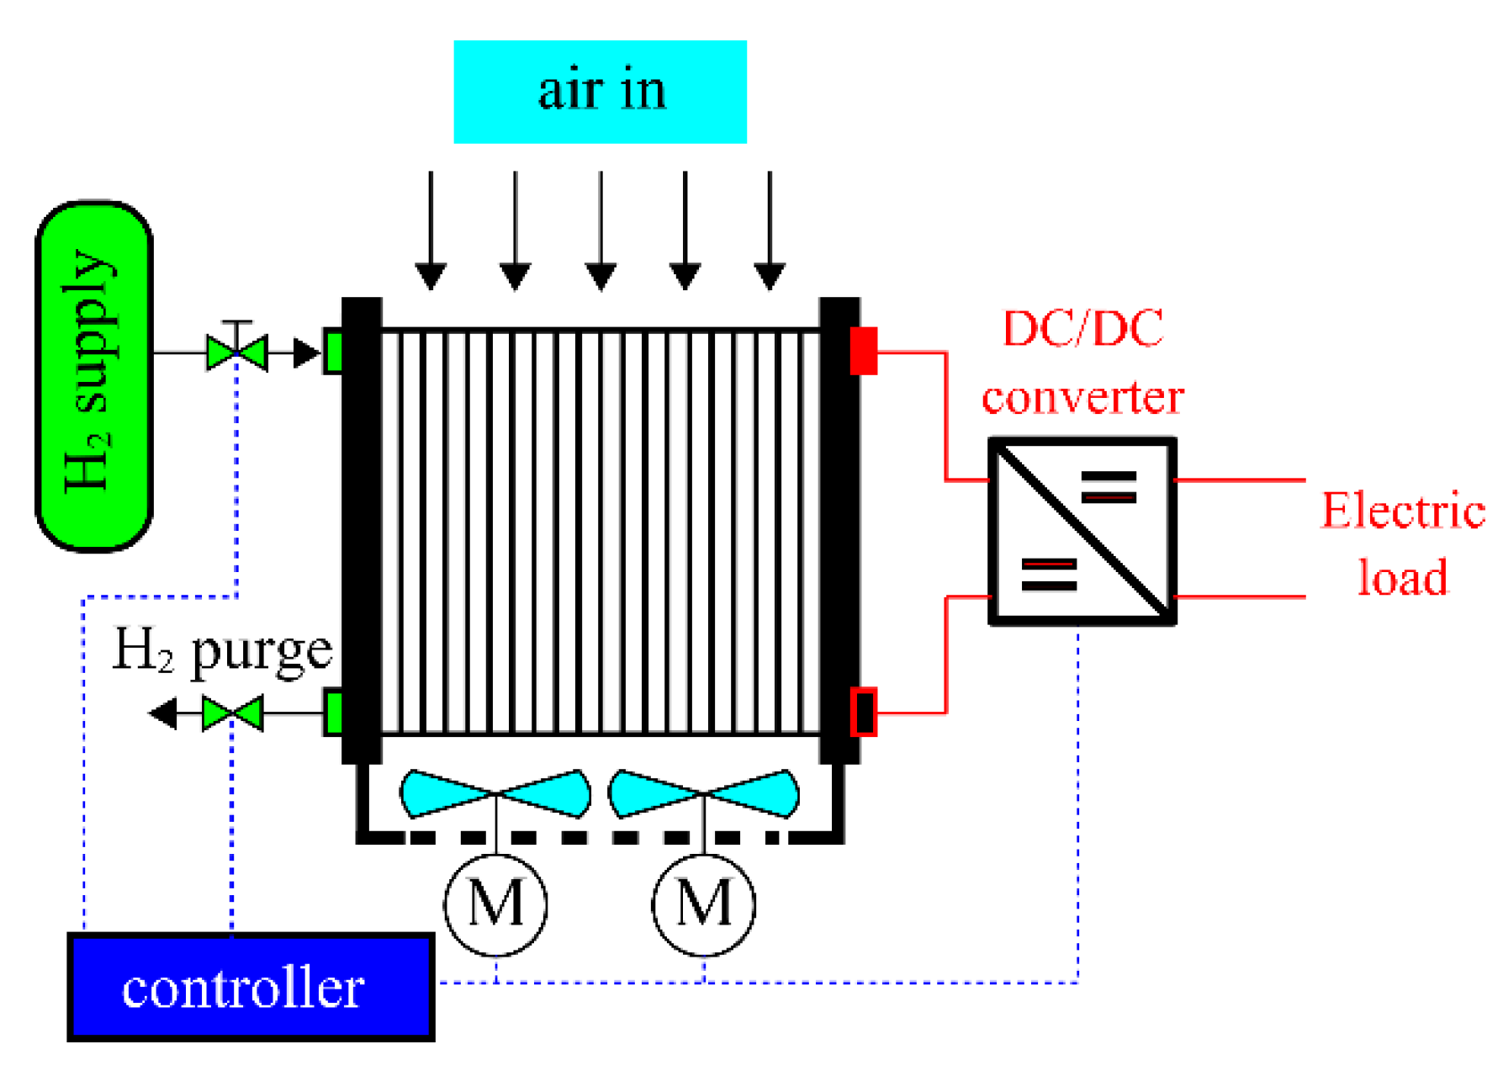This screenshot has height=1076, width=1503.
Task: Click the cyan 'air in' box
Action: pos(600,92)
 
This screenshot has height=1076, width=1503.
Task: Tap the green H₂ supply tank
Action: pos(93,376)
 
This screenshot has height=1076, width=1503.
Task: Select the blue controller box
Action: pos(251,987)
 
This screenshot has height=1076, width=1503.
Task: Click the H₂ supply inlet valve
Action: pos(237,352)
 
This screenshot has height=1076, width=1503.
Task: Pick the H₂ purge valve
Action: pos(233,713)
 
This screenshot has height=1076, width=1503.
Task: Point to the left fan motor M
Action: pos(495,904)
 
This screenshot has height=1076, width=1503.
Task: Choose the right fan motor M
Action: pos(704,904)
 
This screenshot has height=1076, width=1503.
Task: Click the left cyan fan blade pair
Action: pos(495,793)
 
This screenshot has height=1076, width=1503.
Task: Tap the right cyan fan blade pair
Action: pos(703,793)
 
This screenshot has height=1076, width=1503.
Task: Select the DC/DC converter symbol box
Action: pos(1082,531)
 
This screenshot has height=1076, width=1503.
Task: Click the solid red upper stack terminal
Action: pos(864,351)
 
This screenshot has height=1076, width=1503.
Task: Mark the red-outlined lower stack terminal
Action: pos(864,712)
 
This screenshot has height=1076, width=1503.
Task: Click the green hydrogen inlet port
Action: pos(333,352)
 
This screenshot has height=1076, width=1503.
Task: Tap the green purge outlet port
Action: pos(333,712)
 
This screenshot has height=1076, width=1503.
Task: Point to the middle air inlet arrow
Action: pos(601,231)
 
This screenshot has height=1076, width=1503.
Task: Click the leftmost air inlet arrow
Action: pos(431,231)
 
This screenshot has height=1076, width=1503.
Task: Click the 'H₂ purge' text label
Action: pos(223,651)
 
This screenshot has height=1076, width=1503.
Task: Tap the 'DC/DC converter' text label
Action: pos(1083,363)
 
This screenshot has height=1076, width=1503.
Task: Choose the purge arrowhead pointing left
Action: pos(164,713)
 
